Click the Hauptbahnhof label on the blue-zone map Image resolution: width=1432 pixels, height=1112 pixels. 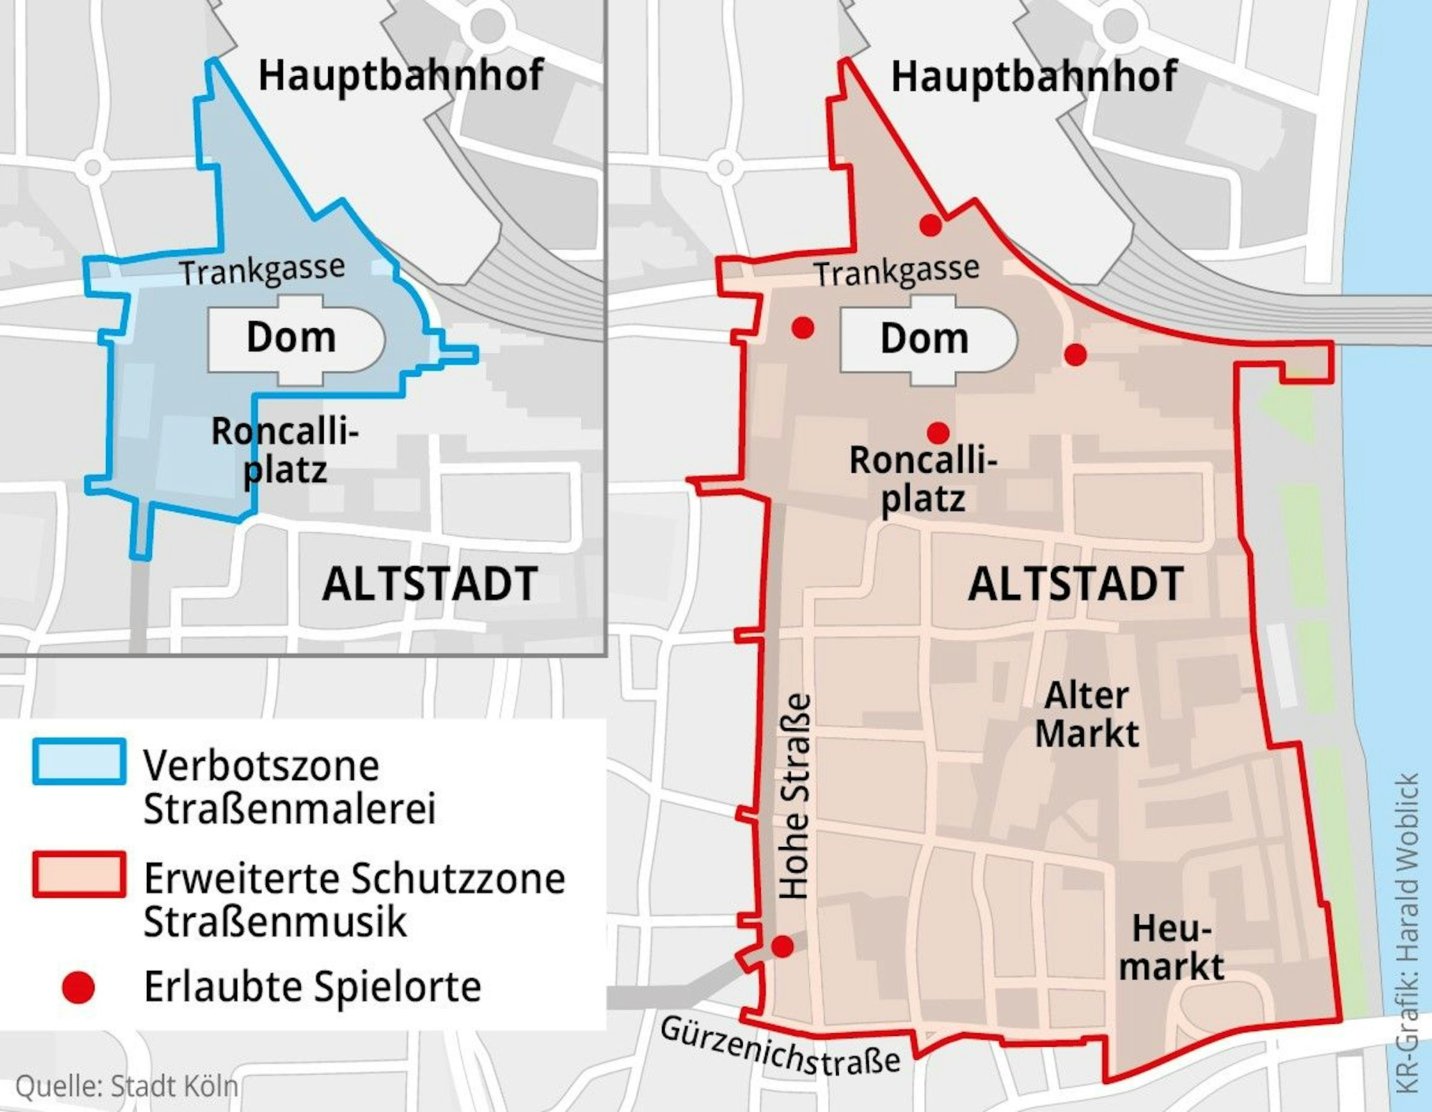click(x=400, y=76)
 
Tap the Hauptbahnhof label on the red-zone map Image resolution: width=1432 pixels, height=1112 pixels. click(x=1033, y=77)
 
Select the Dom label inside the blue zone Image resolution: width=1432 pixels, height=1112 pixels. click(x=291, y=337)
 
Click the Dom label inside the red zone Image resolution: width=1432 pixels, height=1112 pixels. click(x=924, y=338)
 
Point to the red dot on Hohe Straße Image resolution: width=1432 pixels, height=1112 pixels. click(x=782, y=946)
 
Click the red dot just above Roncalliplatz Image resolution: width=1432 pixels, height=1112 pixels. click(x=938, y=433)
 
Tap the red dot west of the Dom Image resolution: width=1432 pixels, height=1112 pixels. click(x=803, y=328)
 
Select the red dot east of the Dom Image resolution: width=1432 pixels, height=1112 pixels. click(x=1075, y=354)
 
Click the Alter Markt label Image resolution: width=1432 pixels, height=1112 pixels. click(x=1087, y=715)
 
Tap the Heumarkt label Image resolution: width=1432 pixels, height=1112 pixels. click(x=1171, y=948)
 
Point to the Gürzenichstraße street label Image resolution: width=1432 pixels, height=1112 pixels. click(x=779, y=1048)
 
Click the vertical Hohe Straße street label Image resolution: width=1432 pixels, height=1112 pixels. click(x=795, y=795)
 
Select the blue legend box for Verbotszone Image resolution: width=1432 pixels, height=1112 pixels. click(x=80, y=762)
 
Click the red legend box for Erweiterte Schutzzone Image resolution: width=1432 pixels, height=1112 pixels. click(x=80, y=874)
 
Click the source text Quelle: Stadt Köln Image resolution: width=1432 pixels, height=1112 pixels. click(x=126, y=1086)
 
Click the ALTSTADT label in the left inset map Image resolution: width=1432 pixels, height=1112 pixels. click(x=430, y=584)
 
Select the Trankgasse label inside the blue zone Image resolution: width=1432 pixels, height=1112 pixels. click(x=262, y=271)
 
